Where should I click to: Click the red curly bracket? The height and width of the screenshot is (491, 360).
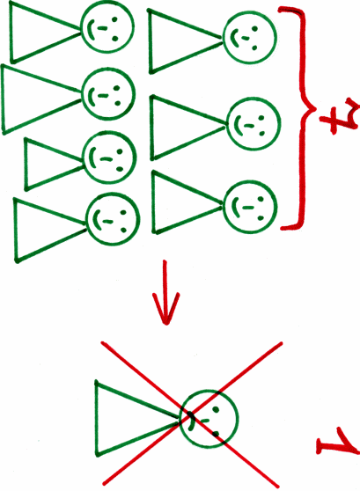pyautogui.click(x=303, y=119)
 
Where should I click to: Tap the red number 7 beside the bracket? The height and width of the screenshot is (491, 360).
pyautogui.click(x=338, y=116)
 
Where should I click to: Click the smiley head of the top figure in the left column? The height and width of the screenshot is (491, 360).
pyautogui.click(x=107, y=26)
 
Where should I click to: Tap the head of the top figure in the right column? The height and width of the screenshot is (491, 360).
pyautogui.click(x=249, y=37)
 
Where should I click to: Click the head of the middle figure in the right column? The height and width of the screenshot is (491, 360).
pyautogui.click(x=253, y=124)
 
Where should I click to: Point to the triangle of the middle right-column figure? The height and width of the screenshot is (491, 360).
pyautogui.click(x=153, y=128)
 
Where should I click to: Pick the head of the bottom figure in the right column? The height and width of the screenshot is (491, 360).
pyautogui.click(x=250, y=208)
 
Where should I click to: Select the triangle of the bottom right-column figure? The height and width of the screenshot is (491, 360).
pyautogui.click(x=154, y=203)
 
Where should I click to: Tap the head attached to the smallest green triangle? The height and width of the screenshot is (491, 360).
pyautogui.click(x=109, y=157)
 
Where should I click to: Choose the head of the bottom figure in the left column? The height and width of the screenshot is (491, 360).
pyautogui.click(x=112, y=218)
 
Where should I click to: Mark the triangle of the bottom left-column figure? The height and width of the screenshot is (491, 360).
pyautogui.click(x=17, y=231)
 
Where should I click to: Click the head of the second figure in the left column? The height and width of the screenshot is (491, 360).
pyautogui.click(x=108, y=93)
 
